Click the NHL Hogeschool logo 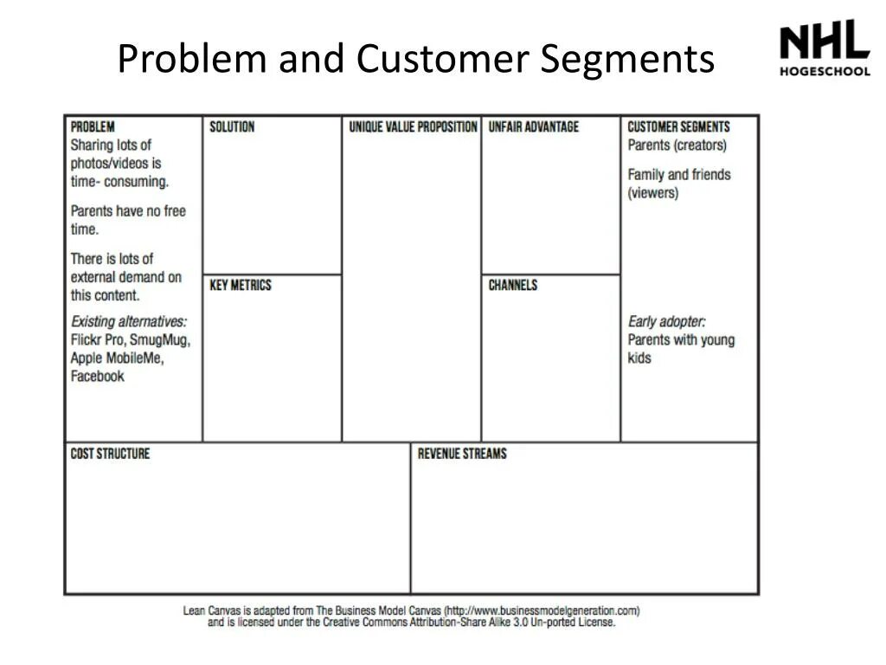tap(824, 48)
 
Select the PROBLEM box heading tap(93, 126)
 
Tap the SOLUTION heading tap(232, 126)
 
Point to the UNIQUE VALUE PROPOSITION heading tap(413, 126)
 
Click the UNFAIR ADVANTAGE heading tap(533, 126)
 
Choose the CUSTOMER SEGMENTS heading tap(678, 126)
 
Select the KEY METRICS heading tap(241, 285)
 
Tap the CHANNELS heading tap(512, 285)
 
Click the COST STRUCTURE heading tap(110, 453)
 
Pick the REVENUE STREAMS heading tap(462, 453)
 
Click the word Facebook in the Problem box tap(98, 376)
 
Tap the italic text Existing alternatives tap(128, 321)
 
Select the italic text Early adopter tap(666, 321)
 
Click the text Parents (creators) tap(677, 145)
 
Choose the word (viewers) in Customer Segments tap(653, 192)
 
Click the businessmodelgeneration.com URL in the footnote tap(542, 610)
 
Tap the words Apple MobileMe tap(117, 358)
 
